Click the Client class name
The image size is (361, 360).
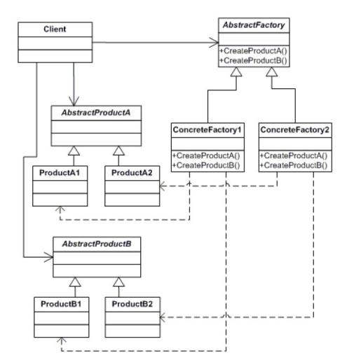click(55, 29)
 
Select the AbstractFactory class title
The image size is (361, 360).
click(254, 25)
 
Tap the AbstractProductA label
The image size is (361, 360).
click(96, 113)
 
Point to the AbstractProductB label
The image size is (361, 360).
click(97, 244)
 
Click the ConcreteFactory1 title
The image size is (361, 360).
click(207, 130)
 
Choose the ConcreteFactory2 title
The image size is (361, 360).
click(295, 130)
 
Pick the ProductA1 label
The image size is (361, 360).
click(60, 173)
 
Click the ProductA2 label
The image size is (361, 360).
click(132, 173)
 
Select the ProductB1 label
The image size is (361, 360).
click(61, 304)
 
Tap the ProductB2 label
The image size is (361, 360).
click(132, 304)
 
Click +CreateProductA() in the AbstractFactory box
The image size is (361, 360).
click(253, 50)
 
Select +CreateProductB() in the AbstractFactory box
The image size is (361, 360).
click(253, 60)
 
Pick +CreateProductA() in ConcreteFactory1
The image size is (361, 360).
click(206, 155)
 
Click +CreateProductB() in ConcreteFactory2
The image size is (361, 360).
click(294, 165)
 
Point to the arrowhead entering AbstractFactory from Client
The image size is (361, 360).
click(214, 43)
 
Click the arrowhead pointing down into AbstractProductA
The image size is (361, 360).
click(74, 101)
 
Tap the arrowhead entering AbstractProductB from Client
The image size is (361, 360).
click(49, 257)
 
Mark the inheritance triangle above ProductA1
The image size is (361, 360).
click(74, 151)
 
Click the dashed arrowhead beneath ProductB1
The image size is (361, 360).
click(61, 340)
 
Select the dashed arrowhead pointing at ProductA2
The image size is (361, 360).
click(163, 186)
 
